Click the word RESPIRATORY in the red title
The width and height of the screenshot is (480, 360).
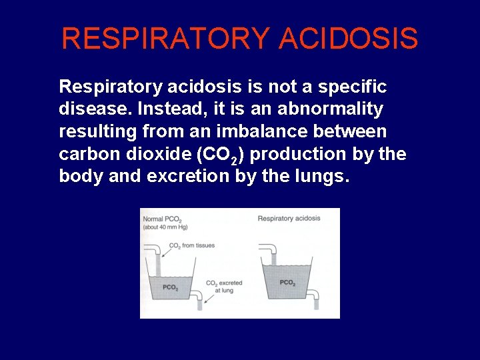pyautogui.click(x=166, y=39)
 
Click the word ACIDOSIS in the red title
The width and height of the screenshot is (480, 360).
pyautogui.click(x=349, y=39)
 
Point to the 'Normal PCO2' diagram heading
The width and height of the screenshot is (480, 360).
pyautogui.click(x=161, y=219)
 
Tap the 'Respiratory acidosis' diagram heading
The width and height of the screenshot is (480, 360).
pyautogui.click(x=289, y=218)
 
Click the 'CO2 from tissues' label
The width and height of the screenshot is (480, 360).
pyautogui.click(x=192, y=246)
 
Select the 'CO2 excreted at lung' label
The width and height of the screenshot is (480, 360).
pyautogui.click(x=223, y=287)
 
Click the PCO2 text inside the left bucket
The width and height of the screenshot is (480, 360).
pyautogui.click(x=170, y=287)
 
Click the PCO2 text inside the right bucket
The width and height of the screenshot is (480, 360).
pyautogui.click(x=287, y=283)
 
